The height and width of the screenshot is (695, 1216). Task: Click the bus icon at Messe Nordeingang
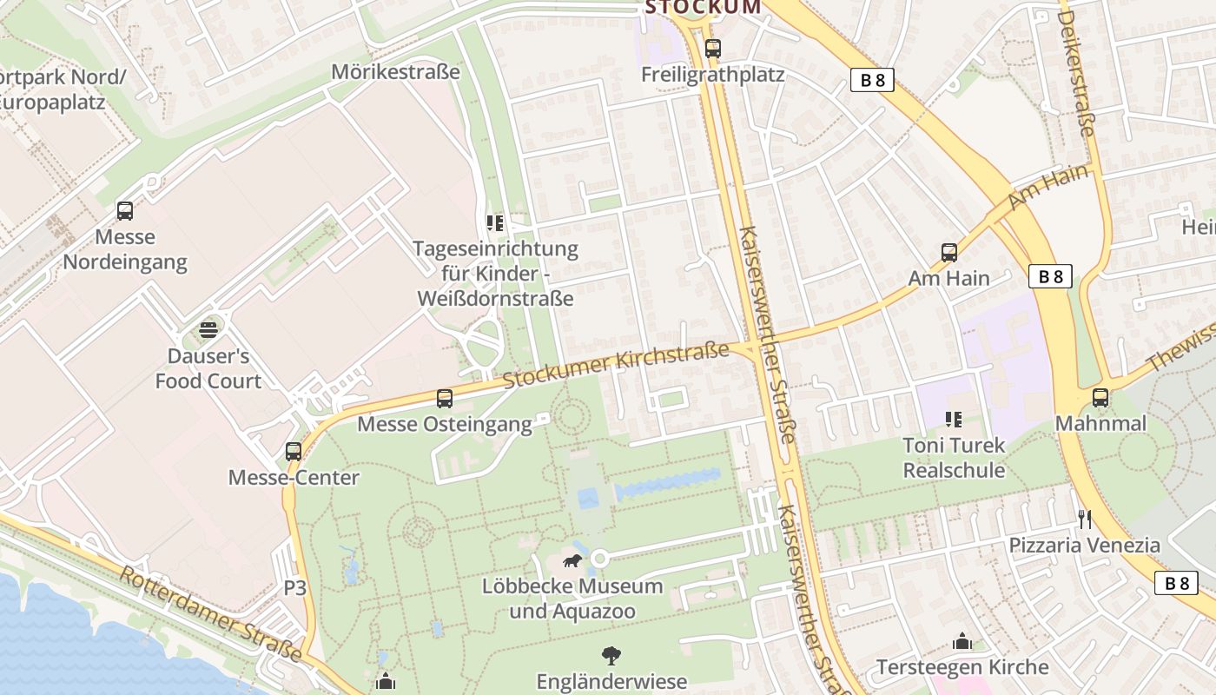tap(125, 210)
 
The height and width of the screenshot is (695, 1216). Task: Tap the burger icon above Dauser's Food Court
tap(208, 329)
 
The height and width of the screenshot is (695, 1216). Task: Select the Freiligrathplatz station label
tap(712, 75)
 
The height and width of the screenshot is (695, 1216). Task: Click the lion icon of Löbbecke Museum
tap(572, 560)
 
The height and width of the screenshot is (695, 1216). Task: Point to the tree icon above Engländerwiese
tap(611, 655)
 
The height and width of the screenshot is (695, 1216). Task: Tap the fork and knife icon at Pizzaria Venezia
tap(1084, 520)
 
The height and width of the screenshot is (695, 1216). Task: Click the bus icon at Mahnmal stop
tap(1100, 398)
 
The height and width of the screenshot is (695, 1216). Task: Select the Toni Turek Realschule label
tap(954, 458)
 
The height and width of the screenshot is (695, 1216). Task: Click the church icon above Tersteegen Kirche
tap(962, 642)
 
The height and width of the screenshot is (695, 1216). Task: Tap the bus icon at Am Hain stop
tap(949, 253)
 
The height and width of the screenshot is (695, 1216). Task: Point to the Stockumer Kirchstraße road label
tap(616, 366)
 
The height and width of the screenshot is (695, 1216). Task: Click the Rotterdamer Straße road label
tap(211, 612)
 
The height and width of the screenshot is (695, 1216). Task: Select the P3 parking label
tap(295, 588)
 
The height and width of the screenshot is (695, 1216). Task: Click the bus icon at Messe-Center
tap(294, 452)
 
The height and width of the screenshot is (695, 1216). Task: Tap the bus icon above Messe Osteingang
tap(445, 399)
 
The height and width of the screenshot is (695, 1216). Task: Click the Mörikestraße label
tap(395, 72)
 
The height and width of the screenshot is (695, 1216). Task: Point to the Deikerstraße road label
tap(1075, 74)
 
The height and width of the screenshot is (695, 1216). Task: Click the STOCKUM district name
tap(703, 8)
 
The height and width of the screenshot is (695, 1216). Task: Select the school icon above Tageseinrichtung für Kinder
tap(495, 223)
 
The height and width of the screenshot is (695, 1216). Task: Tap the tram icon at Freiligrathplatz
tap(713, 49)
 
